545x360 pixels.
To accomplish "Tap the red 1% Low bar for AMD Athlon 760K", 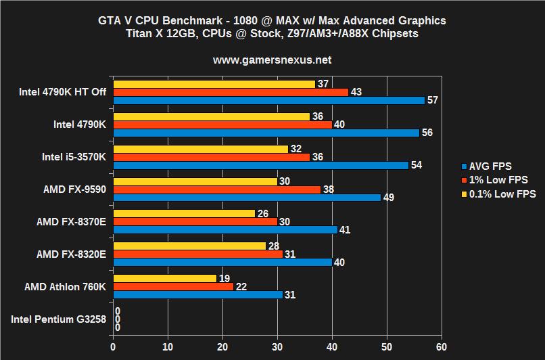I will click(173, 287).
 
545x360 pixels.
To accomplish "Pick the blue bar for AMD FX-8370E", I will click(225, 229).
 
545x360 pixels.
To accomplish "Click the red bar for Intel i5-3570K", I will click(211, 157).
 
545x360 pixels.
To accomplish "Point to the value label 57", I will click(432, 100).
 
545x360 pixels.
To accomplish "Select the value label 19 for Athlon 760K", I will click(224, 278).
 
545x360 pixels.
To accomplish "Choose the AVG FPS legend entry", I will click(487, 166).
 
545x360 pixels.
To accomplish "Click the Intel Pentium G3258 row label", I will click(58, 319).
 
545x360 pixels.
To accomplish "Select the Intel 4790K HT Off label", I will click(59, 91).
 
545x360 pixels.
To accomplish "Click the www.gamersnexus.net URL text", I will click(272, 60).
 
